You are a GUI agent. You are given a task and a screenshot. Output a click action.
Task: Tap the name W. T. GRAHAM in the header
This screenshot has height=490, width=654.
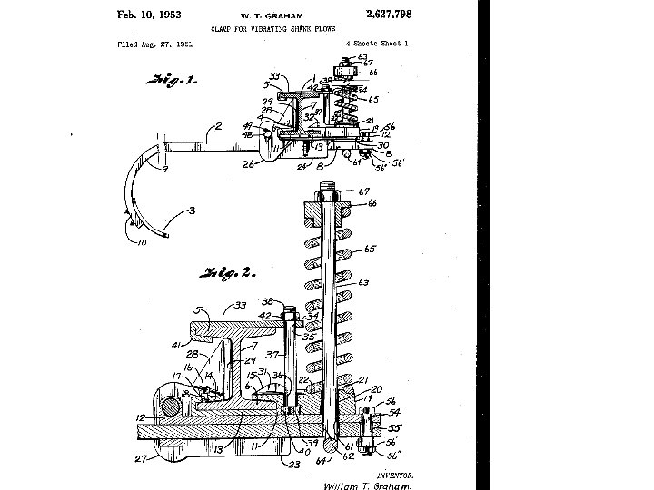point(270,15)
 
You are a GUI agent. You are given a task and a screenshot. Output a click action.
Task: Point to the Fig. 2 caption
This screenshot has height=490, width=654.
point(224,272)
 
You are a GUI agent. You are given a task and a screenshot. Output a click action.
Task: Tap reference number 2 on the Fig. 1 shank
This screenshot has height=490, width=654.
point(219,126)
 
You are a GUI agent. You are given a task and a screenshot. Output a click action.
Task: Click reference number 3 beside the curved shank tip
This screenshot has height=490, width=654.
point(192,211)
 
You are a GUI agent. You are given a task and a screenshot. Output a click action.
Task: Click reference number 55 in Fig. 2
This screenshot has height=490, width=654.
point(393,426)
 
